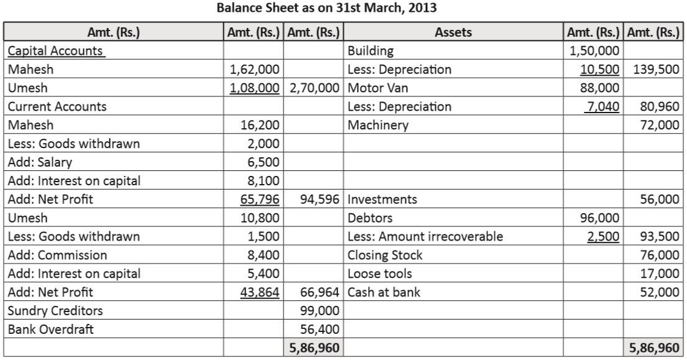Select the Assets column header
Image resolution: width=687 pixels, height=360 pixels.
(453, 32)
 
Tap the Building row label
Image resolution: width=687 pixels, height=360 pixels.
(371, 50)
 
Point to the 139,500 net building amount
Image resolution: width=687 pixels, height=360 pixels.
(656, 69)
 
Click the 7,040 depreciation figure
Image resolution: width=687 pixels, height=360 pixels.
(603, 106)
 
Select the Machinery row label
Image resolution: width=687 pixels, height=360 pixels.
(378, 125)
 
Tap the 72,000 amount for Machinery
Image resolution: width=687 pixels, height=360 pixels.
(659, 125)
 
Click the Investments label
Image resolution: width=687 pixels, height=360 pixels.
(382, 200)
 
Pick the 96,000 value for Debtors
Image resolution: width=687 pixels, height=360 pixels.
(600, 218)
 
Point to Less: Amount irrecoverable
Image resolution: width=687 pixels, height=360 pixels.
(425, 237)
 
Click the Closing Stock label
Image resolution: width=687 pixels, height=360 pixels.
(385, 255)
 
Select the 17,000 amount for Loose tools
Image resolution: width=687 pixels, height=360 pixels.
(659, 274)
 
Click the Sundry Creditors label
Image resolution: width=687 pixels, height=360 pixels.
(55, 311)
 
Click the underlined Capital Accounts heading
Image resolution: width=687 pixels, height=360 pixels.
(55, 50)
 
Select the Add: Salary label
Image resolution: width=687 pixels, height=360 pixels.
(40, 162)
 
